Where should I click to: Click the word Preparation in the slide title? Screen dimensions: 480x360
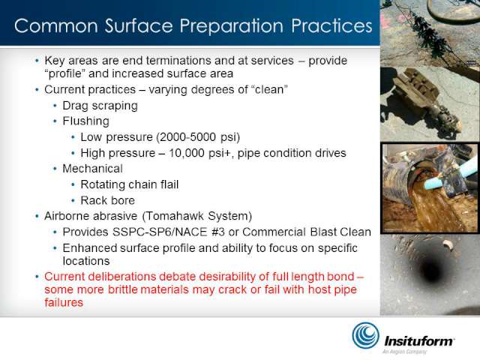click(x=232, y=26)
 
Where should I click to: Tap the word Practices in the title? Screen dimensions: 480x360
click(x=331, y=25)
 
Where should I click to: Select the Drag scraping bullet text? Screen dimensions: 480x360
click(x=100, y=106)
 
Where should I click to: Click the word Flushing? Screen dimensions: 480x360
click(x=86, y=121)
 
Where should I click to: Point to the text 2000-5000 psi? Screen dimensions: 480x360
click(x=198, y=137)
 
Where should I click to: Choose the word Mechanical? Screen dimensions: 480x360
click(x=92, y=169)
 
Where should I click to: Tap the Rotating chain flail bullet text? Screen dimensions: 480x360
click(x=130, y=184)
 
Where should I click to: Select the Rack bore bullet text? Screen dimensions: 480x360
click(x=108, y=200)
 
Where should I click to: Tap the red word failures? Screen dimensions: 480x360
click(x=64, y=302)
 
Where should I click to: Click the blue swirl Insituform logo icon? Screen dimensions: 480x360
click(x=365, y=335)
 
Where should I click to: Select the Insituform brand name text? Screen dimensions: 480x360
click(x=419, y=341)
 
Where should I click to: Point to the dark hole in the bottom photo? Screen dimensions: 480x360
click(x=431, y=271)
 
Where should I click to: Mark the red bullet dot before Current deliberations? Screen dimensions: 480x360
click(x=37, y=277)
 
